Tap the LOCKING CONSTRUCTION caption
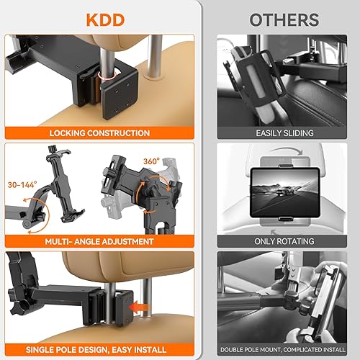(100, 133)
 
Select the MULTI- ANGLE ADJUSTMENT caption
(100, 242)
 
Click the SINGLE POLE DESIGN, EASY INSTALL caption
(100, 350)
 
